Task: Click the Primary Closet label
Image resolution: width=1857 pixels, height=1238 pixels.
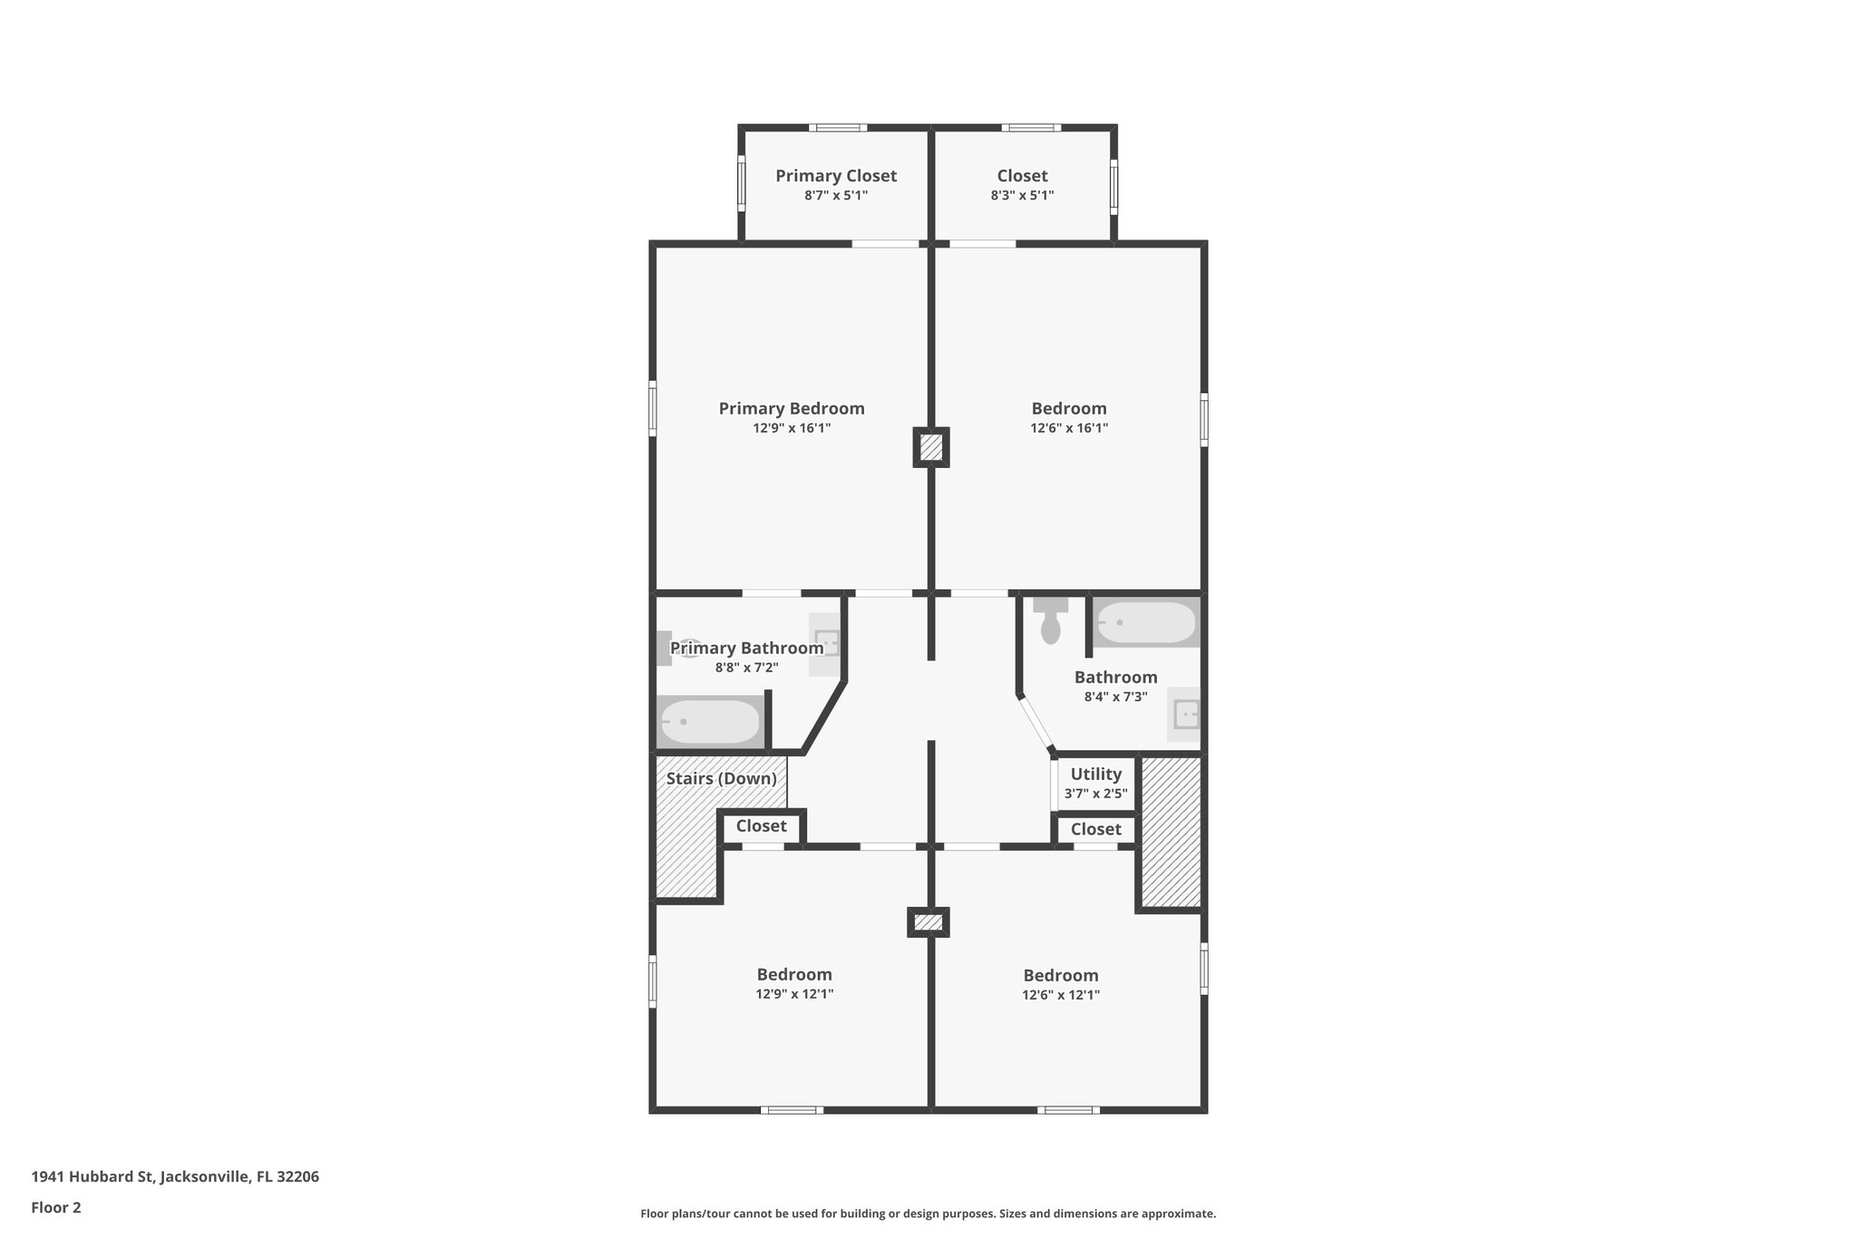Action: point(835,176)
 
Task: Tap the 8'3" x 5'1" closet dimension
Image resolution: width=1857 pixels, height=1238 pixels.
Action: point(1022,195)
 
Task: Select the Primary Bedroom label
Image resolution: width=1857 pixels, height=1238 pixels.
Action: point(791,408)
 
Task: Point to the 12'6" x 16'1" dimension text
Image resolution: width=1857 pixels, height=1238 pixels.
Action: point(1068,428)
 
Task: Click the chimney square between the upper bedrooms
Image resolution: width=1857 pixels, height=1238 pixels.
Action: point(930,447)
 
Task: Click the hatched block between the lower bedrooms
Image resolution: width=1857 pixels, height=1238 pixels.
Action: point(928,922)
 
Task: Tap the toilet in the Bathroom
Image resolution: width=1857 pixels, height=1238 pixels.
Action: point(1050,621)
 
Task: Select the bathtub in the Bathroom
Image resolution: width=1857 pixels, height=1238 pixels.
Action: point(1146,622)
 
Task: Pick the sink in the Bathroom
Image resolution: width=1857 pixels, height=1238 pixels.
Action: point(1184,715)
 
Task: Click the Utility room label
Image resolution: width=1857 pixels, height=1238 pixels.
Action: point(1095,774)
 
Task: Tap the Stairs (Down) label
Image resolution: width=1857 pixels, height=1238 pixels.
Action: point(721,778)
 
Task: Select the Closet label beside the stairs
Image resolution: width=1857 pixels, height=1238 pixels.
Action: point(761,826)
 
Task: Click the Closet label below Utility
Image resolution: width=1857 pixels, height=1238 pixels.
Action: point(1095,829)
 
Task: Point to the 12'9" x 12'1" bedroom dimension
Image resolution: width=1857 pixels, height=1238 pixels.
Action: point(794,994)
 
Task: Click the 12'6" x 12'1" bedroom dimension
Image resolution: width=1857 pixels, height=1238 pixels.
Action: point(1061,995)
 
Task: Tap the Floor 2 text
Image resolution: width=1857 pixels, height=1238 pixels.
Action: point(56,1207)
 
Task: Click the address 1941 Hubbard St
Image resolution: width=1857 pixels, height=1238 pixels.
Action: point(175,1177)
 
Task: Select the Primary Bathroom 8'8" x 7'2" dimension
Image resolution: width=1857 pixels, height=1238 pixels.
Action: point(746,668)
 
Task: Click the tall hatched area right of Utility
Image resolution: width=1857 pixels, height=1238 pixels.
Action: point(1171,832)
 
